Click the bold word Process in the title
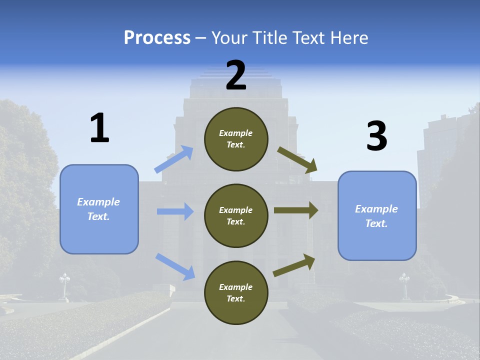pos(157,38)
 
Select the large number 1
pos(99,128)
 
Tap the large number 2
pos(236,75)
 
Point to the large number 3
pos(376,136)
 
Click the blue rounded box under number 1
pos(99,209)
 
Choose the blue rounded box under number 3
pos(377,215)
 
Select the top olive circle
pos(236,139)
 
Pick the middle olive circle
pos(236,215)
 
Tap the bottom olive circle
pos(236,292)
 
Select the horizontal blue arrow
pos(175,211)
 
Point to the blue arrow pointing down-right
pos(175,266)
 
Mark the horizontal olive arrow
pos(296,210)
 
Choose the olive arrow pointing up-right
pos(294,265)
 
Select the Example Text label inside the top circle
pos(236,139)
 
